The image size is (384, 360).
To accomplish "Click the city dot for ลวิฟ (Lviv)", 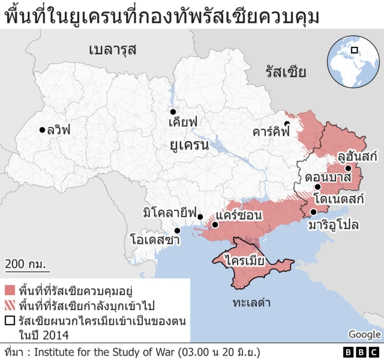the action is (x=42, y=129).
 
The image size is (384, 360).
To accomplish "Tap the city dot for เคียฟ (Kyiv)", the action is (x=172, y=112).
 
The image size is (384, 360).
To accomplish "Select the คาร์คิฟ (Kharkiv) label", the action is (x=271, y=130).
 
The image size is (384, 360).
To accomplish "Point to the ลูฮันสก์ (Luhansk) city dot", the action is (x=349, y=167).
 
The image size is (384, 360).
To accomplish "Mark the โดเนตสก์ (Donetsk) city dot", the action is (x=318, y=187).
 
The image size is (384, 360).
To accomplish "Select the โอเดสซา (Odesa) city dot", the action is (x=177, y=230).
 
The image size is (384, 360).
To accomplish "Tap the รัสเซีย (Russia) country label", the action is (x=286, y=73).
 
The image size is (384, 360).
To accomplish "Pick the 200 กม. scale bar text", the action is (x=26, y=263).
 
